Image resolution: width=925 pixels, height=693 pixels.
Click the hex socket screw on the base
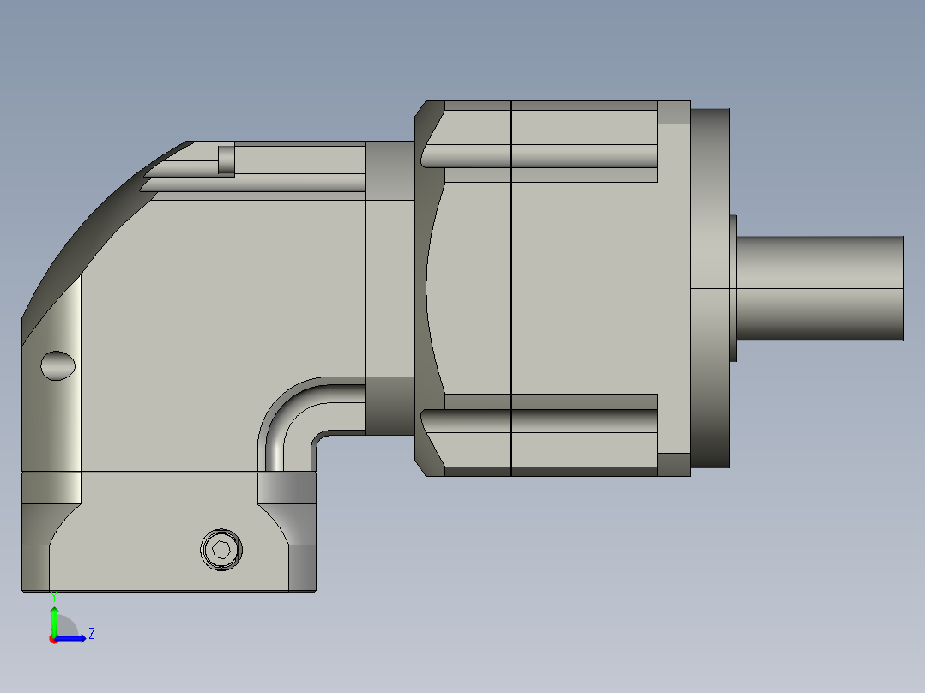tap(221, 549)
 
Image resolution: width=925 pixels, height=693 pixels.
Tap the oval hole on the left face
tap(57, 366)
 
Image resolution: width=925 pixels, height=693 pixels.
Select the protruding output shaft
tap(819, 288)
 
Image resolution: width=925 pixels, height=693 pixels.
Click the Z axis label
tap(92, 634)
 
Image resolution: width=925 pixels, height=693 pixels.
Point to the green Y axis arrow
tap(54, 619)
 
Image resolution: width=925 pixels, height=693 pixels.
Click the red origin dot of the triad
tap(54, 639)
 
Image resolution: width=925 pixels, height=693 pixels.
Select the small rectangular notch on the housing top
tap(227, 160)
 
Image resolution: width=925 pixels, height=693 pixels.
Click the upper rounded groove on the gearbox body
tap(541, 155)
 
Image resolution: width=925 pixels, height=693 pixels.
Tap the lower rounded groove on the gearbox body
tap(541, 421)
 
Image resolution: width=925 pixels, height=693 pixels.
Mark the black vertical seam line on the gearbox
tap(511, 288)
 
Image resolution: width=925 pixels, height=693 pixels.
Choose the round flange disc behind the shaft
tap(710, 288)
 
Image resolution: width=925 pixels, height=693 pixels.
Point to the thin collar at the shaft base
tap(734, 288)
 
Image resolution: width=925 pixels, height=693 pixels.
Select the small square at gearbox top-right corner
tap(674, 112)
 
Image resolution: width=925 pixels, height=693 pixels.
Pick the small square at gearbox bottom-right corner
tap(674, 464)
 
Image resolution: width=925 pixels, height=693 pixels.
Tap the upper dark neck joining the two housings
tap(390, 171)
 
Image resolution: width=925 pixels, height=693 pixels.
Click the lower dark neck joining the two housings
tap(390, 405)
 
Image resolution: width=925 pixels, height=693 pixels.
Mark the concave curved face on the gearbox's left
tap(434, 288)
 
